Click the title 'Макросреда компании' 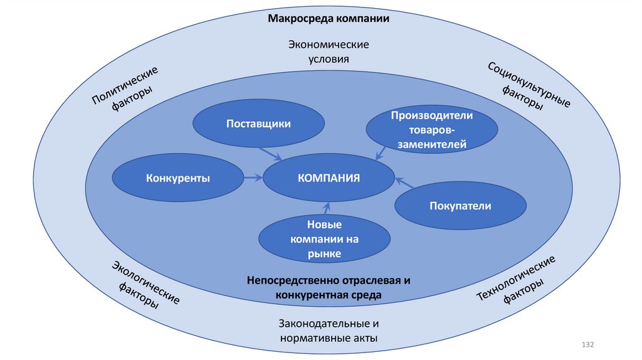click(x=329, y=19)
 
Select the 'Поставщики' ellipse click(x=258, y=124)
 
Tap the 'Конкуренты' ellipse click(x=177, y=178)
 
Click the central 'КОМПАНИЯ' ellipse click(x=329, y=177)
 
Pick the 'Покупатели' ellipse click(x=460, y=206)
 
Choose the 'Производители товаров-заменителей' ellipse click(x=432, y=130)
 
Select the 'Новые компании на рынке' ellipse click(x=324, y=238)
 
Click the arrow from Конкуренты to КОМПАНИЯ click(x=253, y=178)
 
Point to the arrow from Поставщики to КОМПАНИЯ click(x=270, y=152)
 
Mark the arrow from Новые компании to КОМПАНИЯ click(x=326, y=208)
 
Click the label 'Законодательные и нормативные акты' click(x=329, y=331)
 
